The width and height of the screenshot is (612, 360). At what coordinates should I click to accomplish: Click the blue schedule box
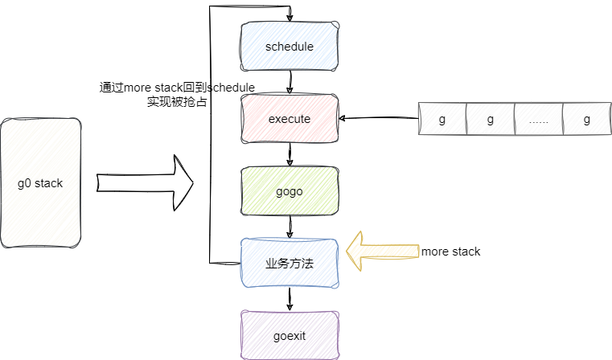(x=290, y=47)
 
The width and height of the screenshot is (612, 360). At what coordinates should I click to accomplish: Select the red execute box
(x=290, y=119)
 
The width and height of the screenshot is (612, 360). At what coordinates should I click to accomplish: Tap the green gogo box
(x=290, y=191)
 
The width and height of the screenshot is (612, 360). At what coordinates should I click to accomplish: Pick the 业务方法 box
(x=290, y=263)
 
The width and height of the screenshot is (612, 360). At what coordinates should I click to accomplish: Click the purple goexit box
(x=290, y=334)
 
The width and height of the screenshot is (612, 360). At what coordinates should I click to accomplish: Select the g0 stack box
(x=40, y=183)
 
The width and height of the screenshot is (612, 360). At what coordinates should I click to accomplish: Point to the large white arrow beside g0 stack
(x=146, y=183)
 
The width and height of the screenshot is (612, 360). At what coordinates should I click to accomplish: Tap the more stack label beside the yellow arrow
(x=450, y=252)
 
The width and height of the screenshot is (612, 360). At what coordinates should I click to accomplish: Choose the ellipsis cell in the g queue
(x=539, y=120)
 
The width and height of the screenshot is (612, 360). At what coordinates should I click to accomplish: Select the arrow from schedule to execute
(x=290, y=83)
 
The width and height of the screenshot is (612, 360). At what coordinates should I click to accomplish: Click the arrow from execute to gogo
(x=290, y=155)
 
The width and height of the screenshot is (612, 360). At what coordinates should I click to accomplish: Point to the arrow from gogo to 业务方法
(x=290, y=227)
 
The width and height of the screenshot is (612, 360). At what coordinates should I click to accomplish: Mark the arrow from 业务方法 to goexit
(x=290, y=299)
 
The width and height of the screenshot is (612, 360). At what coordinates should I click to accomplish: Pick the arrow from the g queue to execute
(x=378, y=119)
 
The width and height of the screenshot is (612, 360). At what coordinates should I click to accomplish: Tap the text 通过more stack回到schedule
(x=177, y=87)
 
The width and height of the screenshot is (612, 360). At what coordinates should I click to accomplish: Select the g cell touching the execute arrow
(x=442, y=120)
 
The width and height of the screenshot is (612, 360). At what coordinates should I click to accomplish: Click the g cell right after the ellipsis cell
(x=587, y=120)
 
